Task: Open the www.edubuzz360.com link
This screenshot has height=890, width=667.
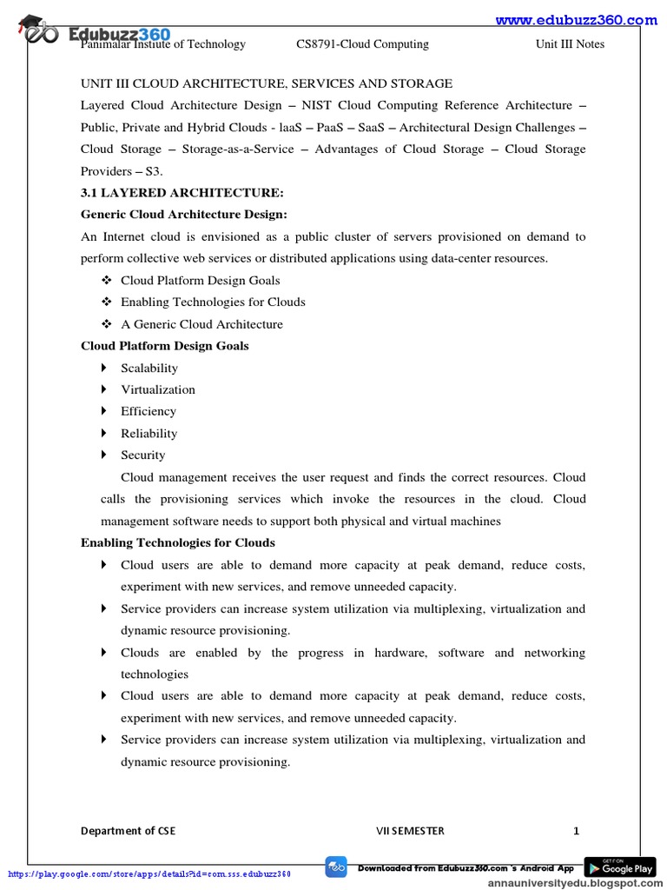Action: point(576,20)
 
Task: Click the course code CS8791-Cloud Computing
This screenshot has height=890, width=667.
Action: point(362,44)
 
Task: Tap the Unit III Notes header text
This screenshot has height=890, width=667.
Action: point(570,44)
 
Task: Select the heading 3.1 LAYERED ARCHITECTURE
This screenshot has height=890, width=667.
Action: point(182,193)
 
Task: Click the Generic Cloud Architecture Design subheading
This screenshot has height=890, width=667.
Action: point(183,215)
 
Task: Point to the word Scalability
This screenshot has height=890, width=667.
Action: point(149,368)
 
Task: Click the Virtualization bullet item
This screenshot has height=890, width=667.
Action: point(158,389)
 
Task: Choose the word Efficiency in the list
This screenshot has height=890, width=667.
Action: point(149,411)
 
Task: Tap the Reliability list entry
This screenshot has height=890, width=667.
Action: point(149,433)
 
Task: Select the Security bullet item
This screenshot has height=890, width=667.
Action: point(142,455)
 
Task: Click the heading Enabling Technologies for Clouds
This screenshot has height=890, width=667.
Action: point(178,542)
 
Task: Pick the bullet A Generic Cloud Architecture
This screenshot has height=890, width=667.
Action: point(201,324)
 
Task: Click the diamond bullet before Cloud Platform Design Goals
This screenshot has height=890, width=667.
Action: point(106,280)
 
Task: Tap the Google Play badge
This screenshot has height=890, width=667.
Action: point(619,867)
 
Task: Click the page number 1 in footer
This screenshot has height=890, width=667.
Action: point(576,831)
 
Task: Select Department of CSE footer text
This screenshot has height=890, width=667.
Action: point(128,831)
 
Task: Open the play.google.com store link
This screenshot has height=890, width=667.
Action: point(149,873)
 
